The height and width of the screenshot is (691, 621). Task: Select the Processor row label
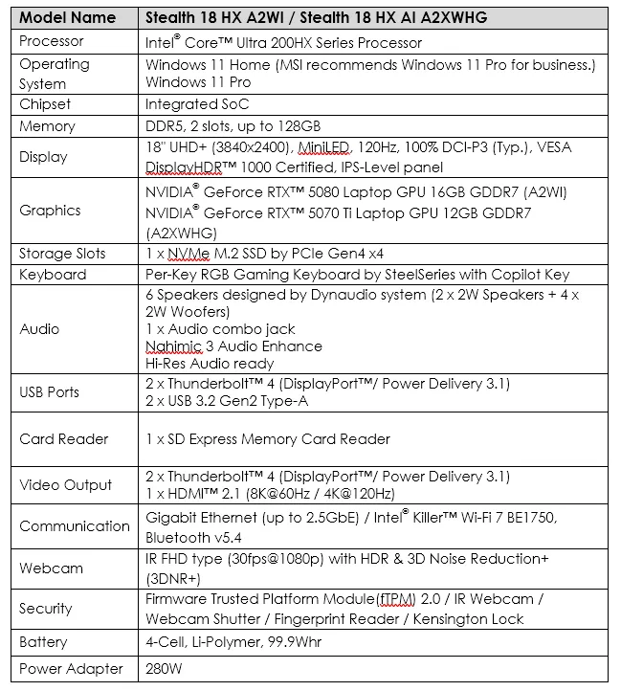(52, 41)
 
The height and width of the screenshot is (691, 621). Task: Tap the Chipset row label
(47, 104)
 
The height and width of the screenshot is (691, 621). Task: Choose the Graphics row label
(50, 211)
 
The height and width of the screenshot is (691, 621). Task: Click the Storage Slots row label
(62, 254)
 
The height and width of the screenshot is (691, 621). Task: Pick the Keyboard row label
(53, 275)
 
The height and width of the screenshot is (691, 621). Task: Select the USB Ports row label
(50, 391)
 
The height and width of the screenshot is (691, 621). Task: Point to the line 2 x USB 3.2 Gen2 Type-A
(226, 401)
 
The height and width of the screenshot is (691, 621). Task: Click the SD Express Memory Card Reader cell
(268, 439)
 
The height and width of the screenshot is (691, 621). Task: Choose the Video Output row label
(66, 485)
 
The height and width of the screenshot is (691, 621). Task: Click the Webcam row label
(51, 568)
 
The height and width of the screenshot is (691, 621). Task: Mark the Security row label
(46, 609)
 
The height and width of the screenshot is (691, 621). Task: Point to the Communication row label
(75, 526)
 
